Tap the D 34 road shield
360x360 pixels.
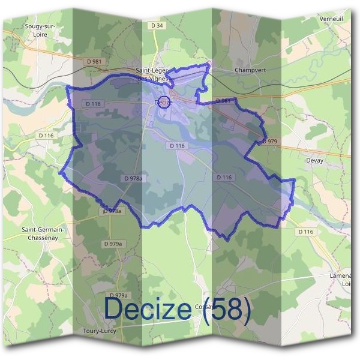(157, 26)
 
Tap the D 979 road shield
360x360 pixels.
(271, 141)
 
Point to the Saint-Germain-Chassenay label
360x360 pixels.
(44, 233)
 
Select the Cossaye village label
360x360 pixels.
(206, 307)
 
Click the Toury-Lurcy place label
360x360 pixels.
(100, 331)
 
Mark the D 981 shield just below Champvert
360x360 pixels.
(223, 101)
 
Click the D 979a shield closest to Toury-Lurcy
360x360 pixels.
(120, 295)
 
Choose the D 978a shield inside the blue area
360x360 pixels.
(133, 178)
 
